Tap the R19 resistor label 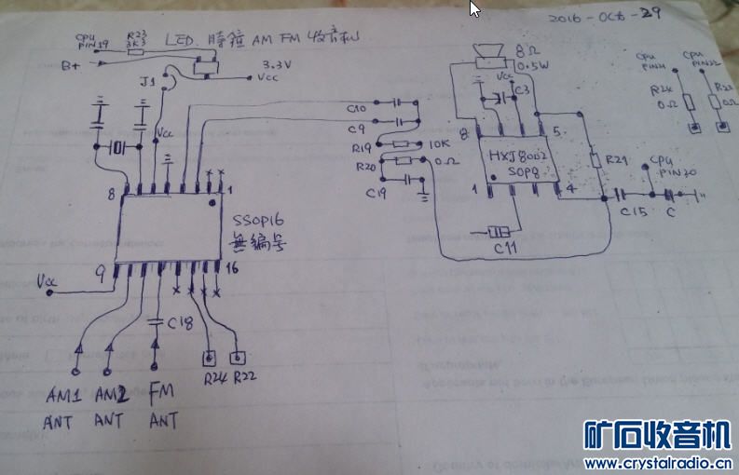pyautogui.click(x=363, y=147)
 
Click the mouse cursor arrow pyautogui.click(x=474, y=9)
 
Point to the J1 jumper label pyautogui.click(x=147, y=84)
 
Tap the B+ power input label pyautogui.click(x=70, y=65)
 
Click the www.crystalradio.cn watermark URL pyautogui.click(x=657, y=463)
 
